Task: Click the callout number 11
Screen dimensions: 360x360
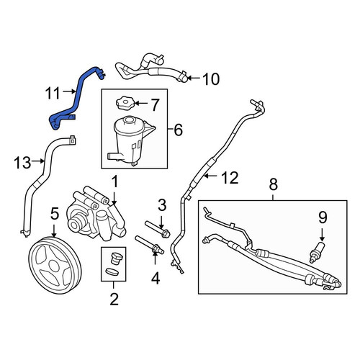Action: tap(53, 93)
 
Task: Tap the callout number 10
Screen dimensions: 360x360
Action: tap(211, 79)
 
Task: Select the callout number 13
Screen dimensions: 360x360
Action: tap(22, 163)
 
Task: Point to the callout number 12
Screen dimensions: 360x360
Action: tap(230, 178)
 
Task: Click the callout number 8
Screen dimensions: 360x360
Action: tap(274, 184)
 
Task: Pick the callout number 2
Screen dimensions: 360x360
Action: tap(114, 300)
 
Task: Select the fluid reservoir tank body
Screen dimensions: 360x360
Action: tap(132, 141)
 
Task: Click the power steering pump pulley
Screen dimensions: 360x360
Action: tap(55, 265)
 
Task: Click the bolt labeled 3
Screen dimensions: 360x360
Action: tap(158, 230)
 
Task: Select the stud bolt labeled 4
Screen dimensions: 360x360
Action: tap(150, 245)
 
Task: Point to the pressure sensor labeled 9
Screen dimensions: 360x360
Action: tap(317, 252)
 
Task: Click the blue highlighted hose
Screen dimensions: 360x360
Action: tap(76, 99)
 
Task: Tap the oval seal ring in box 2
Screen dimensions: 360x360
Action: tap(112, 271)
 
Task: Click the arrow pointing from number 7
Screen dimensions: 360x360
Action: tap(142, 104)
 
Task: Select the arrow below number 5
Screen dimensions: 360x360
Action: tap(54, 230)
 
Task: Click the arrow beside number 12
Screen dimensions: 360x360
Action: tap(212, 176)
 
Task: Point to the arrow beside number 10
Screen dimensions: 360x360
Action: tap(194, 78)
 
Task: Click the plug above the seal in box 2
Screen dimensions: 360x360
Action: tap(117, 258)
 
